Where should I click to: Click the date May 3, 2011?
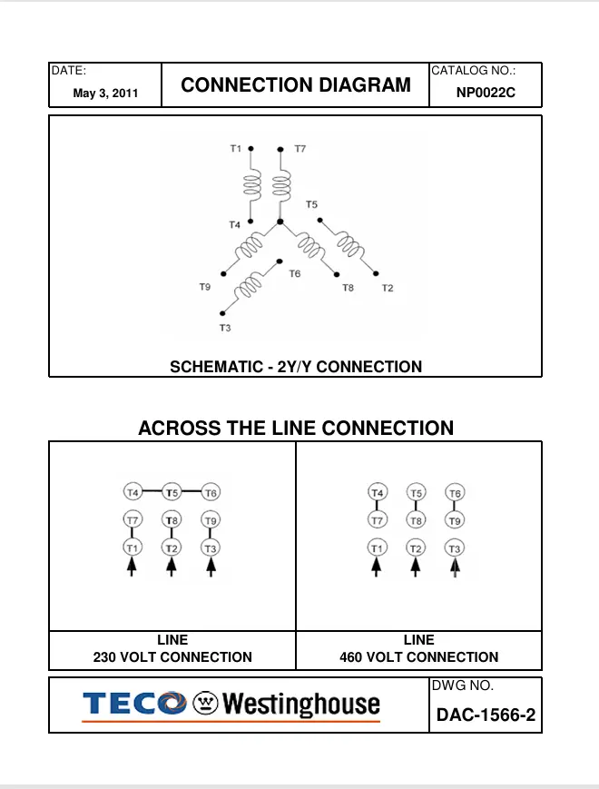(105, 93)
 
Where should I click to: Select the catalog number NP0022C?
(486, 92)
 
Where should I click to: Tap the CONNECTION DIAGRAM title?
(296, 85)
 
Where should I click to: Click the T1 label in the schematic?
(236, 148)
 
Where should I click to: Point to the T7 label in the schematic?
(299, 148)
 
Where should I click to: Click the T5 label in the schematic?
(311, 204)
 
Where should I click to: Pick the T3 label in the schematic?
(224, 327)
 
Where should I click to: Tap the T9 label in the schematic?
(205, 287)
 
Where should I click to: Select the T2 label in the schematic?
(388, 288)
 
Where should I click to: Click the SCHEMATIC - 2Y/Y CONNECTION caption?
(296, 367)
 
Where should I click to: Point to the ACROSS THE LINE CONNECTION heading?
(296, 428)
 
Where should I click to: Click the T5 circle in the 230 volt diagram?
(172, 492)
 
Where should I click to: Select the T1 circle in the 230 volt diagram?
(133, 547)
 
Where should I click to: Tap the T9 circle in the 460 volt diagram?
(455, 520)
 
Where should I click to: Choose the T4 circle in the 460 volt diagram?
(378, 493)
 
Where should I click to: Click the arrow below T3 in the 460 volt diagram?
(455, 567)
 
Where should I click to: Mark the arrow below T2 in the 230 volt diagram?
(172, 567)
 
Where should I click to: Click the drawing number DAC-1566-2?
(486, 715)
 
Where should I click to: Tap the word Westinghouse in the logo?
(301, 705)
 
